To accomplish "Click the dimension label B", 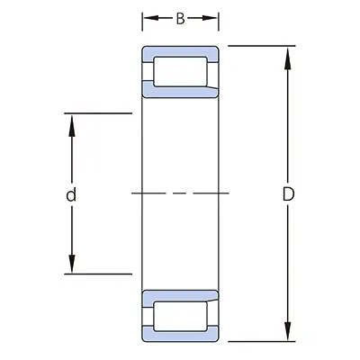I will [180, 17].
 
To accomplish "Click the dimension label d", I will [71, 194].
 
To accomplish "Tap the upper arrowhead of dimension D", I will [287, 53].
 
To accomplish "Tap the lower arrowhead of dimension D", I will [287, 334].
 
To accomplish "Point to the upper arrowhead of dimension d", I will [71, 122].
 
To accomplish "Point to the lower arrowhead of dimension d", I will [71, 264].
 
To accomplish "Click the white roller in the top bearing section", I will [181, 71].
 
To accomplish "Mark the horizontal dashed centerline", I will [180, 193].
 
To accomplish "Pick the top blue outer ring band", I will [181, 50].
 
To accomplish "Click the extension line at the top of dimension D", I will [261, 45].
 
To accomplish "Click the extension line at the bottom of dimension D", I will [261, 342].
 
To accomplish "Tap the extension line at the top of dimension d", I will [99, 114].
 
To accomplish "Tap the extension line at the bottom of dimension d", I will [99, 272].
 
